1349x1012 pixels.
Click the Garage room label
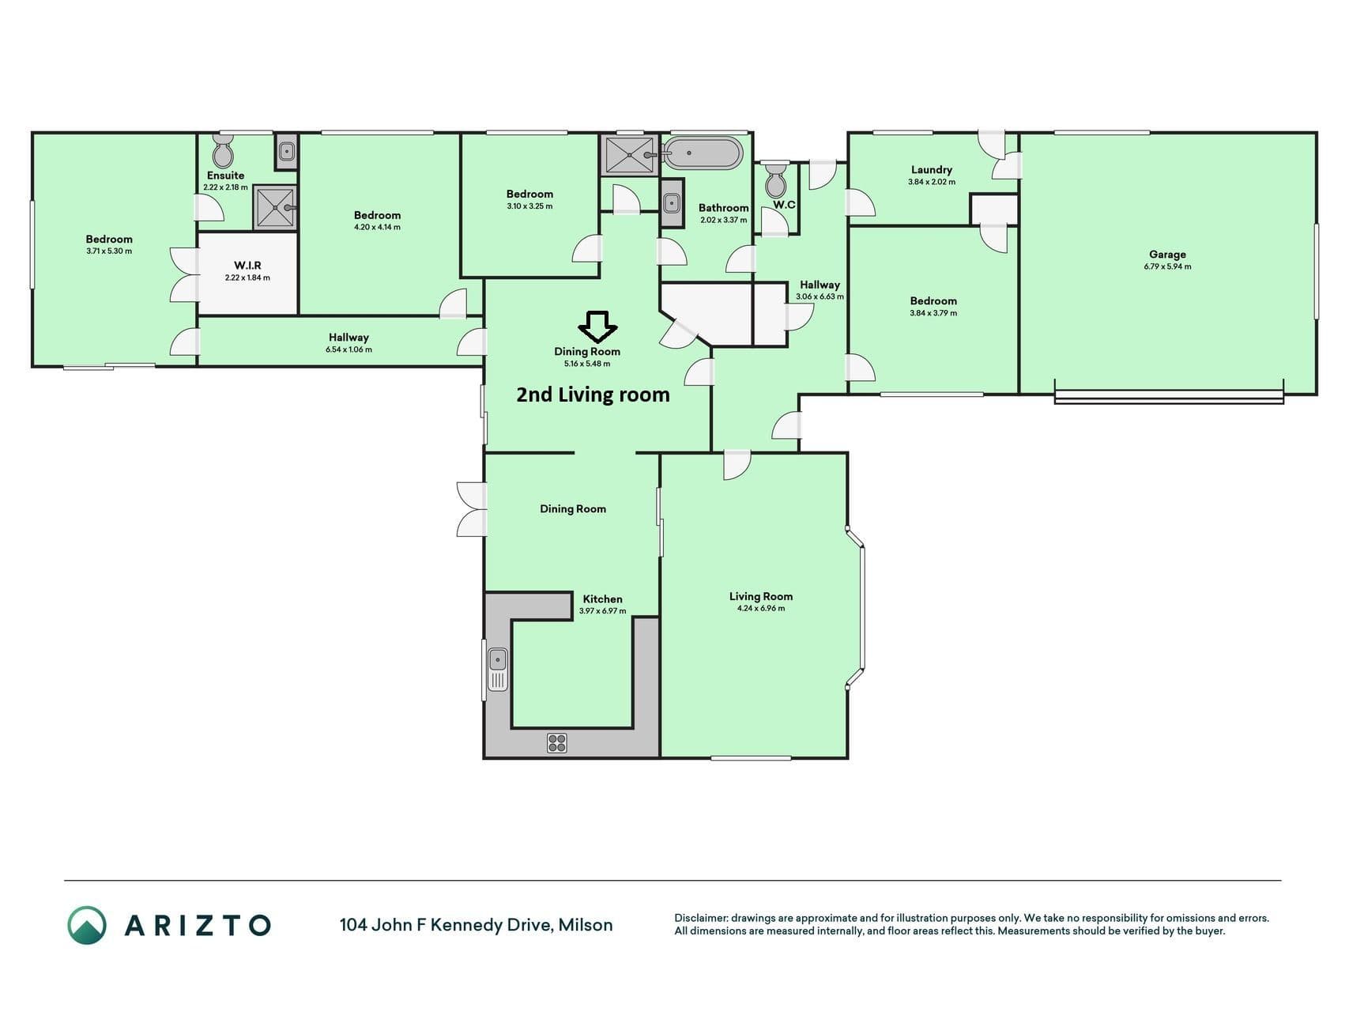pyautogui.click(x=1167, y=255)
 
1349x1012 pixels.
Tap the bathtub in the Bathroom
pyautogui.click(x=703, y=153)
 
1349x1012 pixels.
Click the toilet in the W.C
pyautogui.click(x=776, y=180)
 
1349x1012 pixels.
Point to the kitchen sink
pyautogui.click(x=498, y=669)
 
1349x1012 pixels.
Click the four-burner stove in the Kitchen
pyautogui.click(x=557, y=742)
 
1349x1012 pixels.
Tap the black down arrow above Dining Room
pyautogui.click(x=598, y=327)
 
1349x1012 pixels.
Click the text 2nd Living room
pyautogui.click(x=593, y=395)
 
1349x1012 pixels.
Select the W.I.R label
pyautogui.click(x=247, y=266)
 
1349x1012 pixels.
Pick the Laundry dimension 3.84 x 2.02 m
pyautogui.click(x=932, y=182)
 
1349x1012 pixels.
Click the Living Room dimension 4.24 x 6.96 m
pyautogui.click(x=761, y=609)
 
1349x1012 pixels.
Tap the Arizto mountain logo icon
pyautogui.click(x=87, y=925)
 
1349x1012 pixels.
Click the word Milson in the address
pyautogui.click(x=586, y=925)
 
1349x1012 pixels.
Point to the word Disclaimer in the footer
pyautogui.click(x=700, y=918)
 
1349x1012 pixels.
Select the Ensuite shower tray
pyautogui.click(x=275, y=208)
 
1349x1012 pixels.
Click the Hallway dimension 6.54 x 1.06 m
pyautogui.click(x=349, y=349)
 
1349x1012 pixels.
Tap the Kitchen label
pyautogui.click(x=602, y=599)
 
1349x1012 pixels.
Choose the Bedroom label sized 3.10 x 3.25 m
pyautogui.click(x=529, y=194)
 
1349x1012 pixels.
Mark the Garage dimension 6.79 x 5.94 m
pyautogui.click(x=1167, y=266)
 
